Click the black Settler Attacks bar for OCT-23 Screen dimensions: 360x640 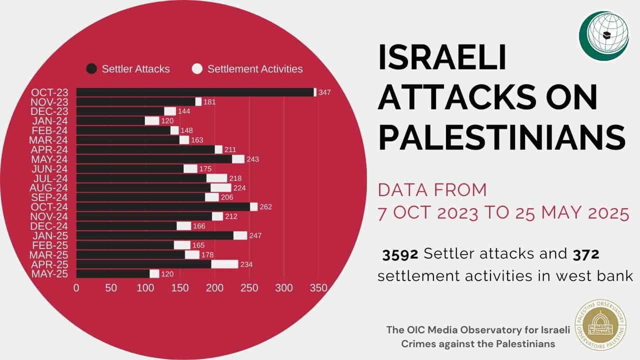(195, 92)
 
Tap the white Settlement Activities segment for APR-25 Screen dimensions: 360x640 (224, 264)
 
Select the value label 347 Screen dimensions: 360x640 (324, 92)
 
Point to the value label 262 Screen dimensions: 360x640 (265, 207)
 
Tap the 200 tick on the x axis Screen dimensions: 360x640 (214, 288)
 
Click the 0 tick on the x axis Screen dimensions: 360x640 (76, 288)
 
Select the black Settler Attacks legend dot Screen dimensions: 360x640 (91, 69)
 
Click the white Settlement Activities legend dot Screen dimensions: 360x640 (197, 69)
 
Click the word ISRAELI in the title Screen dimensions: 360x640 (442, 57)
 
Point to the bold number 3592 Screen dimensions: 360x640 (400, 254)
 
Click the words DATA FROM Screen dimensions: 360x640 (432, 190)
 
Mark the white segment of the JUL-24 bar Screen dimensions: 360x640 (216, 178)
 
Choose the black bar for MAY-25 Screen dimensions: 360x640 (113, 273)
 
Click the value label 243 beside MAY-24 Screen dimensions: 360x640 (252, 159)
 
